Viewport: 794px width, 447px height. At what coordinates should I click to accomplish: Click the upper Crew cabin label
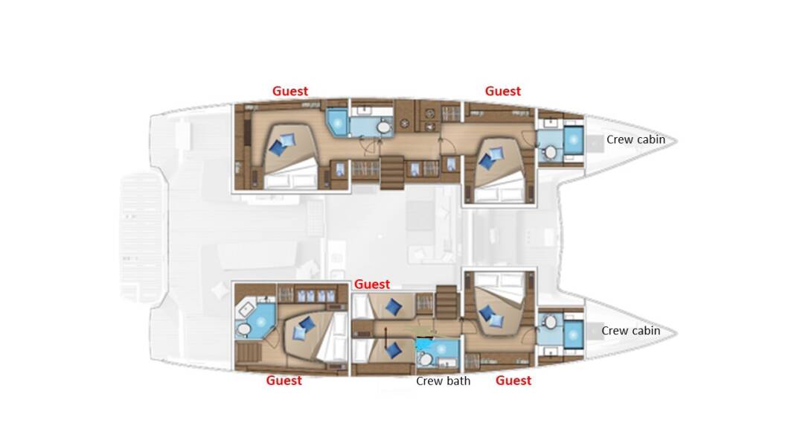(635, 139)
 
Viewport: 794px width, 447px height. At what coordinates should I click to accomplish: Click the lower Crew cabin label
(630, 330)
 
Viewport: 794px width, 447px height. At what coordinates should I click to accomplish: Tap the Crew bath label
(443, 381)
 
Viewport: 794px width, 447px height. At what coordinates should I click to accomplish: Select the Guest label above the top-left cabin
(290, 91)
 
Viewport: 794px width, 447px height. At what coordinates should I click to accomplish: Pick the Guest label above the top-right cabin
(503, 91)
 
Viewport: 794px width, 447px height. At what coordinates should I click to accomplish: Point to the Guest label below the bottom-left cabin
(284, 381)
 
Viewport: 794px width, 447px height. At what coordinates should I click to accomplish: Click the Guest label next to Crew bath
(513, 381)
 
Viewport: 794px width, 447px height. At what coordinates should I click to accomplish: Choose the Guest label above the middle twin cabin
(372, 284)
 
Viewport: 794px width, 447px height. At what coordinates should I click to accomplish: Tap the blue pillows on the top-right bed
(492, 156)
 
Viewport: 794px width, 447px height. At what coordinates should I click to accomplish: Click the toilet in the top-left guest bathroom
(383, 128)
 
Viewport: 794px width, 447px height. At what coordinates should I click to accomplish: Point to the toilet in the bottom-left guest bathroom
(243, 329)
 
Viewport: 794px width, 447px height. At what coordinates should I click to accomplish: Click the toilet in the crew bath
(425, 361)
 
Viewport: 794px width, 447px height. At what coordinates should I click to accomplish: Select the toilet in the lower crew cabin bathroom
(550, 322)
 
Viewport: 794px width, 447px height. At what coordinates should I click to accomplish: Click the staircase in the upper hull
(391, 173)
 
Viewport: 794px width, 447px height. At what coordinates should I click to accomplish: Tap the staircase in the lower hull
(444, 302)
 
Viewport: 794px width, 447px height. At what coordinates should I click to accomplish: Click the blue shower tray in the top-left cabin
(336, 121)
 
